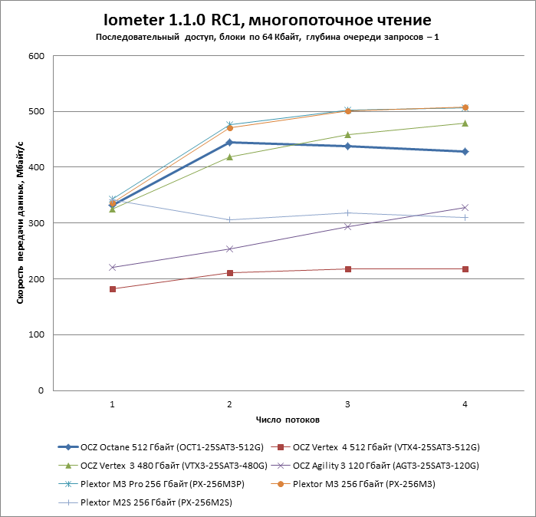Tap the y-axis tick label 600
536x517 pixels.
pos(36,56)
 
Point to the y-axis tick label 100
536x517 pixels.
pos(36,334)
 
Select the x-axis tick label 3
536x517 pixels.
pos(347,403)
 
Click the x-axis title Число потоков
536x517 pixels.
pos(288,420)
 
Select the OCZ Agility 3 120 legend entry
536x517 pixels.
pos(387,465)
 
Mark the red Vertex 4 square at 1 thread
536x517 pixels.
pos(113,289)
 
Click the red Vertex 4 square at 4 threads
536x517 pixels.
pos(465,268)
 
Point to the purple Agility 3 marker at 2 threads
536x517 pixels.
pos(230,249)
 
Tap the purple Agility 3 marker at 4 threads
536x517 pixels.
pos(465,207)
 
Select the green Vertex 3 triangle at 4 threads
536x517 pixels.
pos(465,123)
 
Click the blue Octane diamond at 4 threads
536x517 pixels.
pos(465,151)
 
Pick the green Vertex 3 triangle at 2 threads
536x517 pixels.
pos(230,156)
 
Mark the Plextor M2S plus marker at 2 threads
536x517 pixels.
pos(230,219)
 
